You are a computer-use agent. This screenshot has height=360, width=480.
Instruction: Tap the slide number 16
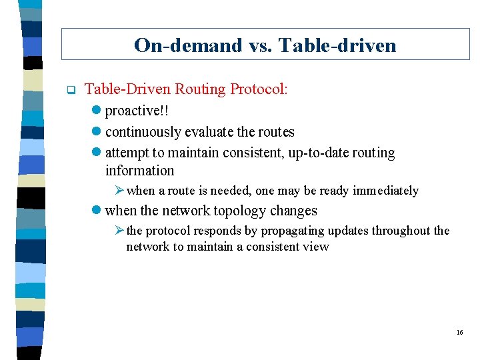click(x=459, y=332)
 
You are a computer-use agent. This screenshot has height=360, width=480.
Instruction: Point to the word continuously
click(x=143, y=132)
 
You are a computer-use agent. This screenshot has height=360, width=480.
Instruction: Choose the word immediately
click(x=385, y=191)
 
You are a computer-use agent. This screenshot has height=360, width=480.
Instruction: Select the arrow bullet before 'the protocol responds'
click(x=119, y=231)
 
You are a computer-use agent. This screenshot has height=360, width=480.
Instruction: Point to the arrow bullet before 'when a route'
click(x=119, y=191)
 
